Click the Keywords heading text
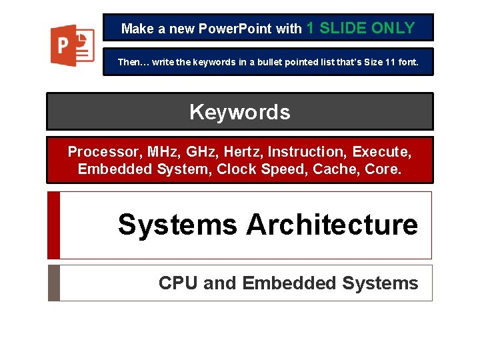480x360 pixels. tap(239, 112)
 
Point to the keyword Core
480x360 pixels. tap(383, 169)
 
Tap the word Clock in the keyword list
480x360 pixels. tap(239, 169)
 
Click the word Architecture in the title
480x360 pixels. tap(331, 225)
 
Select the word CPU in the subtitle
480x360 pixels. tap(179, 283)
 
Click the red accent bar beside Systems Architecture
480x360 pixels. tap(54, 225)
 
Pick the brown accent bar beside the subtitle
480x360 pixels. tap(54, 283)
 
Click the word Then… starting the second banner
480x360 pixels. tap(132, 62)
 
